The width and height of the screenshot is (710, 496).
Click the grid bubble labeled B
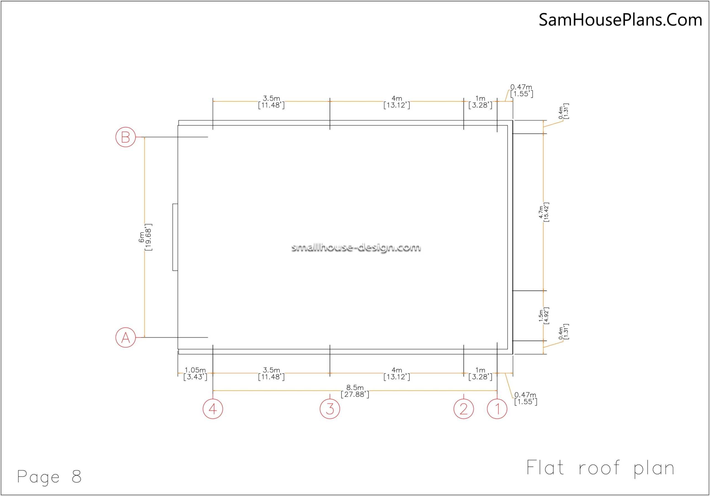[x=126, y=137]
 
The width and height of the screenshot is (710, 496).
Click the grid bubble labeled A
[x=126, y=337]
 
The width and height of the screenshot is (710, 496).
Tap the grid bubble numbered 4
[x=213, y=409]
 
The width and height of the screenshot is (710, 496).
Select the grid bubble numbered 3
[x=330, y=409]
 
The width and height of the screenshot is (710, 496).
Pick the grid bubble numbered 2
[x=463, y=409]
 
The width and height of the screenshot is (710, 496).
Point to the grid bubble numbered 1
[x=497, y=409]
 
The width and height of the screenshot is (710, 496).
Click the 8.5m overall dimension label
[x=355, y=391]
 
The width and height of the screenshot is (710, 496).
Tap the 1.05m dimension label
[x=195, y=373]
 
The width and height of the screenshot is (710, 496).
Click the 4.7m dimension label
[x=544, y=212]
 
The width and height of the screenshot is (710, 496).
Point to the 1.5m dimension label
[x=544, y=316]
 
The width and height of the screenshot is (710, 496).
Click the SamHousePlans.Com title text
[x=620, y=20]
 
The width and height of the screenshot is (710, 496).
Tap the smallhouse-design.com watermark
[x=356, y=247]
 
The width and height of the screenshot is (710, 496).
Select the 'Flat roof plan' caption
[x=600, y=468]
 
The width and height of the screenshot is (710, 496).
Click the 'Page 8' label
[x=49, y=476]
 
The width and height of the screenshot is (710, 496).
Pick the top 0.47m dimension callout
[x=522, y=91]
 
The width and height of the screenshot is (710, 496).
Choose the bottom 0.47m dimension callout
[x=526, y=398]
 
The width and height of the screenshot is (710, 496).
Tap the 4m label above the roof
[x=397, y=102]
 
